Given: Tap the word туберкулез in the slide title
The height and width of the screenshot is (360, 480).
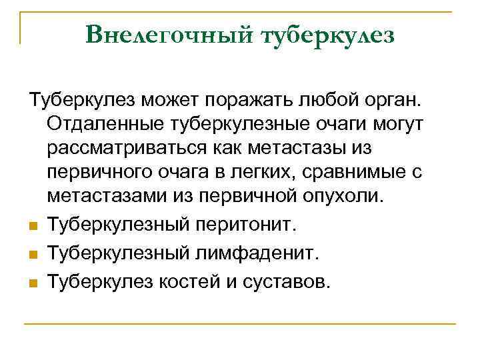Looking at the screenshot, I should pos(331,35).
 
